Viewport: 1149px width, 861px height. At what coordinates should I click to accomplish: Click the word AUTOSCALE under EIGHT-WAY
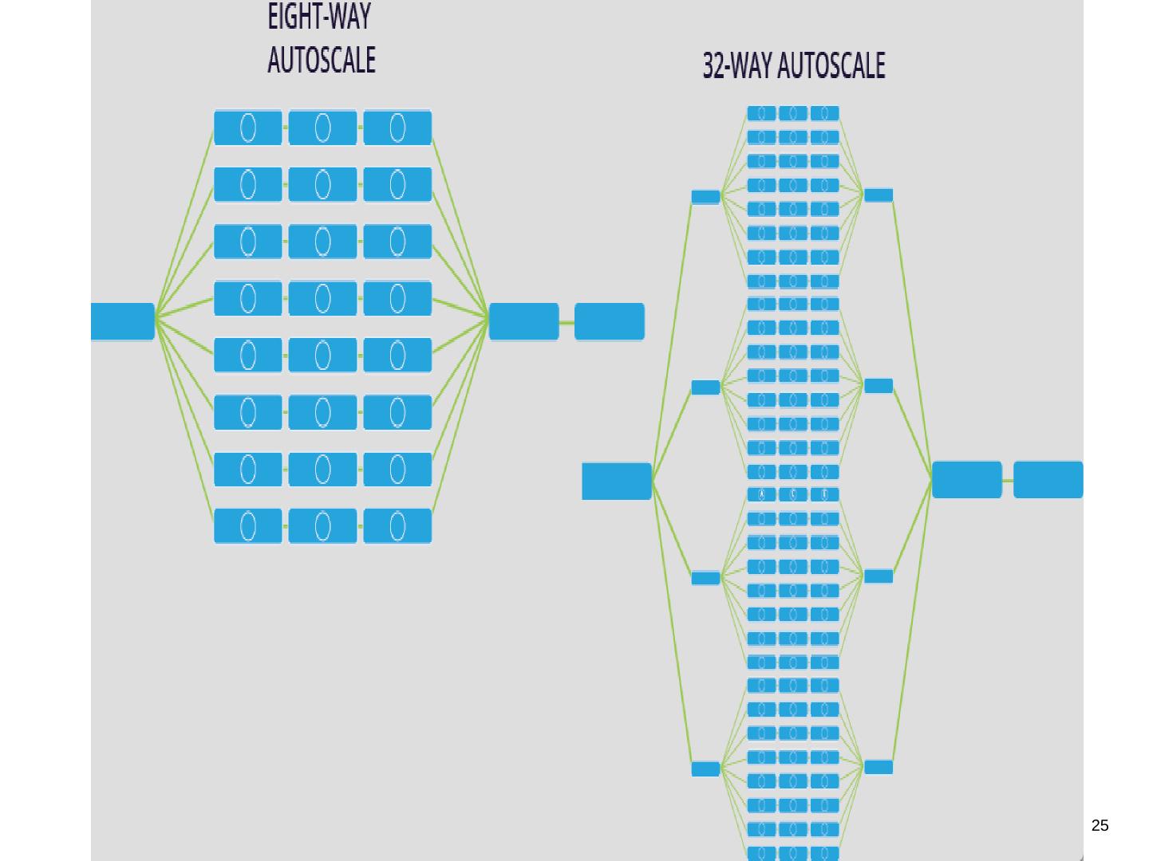point(322,61)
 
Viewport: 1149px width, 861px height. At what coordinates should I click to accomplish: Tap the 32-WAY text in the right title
point(735,66)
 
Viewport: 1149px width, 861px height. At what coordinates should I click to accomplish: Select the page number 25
point(1100,826)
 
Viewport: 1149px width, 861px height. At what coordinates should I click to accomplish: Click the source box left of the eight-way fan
point(122,321)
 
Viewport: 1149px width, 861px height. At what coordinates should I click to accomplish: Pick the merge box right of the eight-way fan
point(523,321)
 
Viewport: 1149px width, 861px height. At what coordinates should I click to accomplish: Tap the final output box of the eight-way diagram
point(609,321)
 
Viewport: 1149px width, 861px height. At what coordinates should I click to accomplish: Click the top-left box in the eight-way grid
point(247,128)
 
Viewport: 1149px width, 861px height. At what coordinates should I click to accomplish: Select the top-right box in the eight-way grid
point(397,128)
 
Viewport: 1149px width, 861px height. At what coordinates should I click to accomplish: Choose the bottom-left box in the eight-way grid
point(247,526)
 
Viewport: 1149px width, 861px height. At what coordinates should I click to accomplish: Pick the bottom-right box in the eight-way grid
point(397,526)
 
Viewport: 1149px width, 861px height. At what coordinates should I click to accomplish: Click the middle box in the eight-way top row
point(322,128)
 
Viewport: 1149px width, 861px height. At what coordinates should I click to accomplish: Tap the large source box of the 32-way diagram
point(616,481)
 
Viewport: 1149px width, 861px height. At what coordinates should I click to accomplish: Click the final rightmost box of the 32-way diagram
point(1048,480)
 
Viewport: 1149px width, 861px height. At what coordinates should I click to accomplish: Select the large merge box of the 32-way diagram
point(966,480)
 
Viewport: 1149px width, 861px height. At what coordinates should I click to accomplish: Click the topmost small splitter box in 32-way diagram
point(705,197)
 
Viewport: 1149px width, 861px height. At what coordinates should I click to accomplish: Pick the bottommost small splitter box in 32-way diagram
point(705,769)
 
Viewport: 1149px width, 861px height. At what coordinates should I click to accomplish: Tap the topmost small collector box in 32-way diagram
point(879,195)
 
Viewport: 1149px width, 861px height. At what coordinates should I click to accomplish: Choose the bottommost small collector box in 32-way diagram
point(879,767)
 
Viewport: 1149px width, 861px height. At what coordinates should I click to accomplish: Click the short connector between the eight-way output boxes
point(567,322)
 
